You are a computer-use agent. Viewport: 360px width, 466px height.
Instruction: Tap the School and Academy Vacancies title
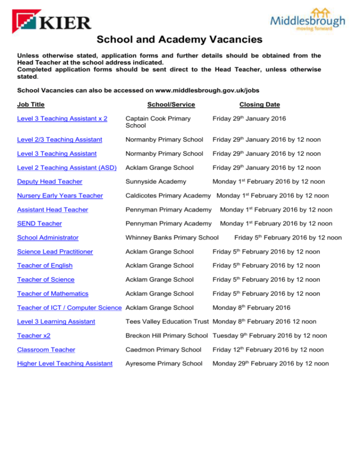point(180,40)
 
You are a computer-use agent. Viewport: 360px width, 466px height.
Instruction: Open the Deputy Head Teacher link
point(49,181)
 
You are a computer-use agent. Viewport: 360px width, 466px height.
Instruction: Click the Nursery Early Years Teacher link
point(60,195)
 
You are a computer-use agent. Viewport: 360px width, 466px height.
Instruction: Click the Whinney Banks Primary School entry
point(172,237)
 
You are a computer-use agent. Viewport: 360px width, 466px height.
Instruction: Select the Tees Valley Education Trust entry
point(168,322)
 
